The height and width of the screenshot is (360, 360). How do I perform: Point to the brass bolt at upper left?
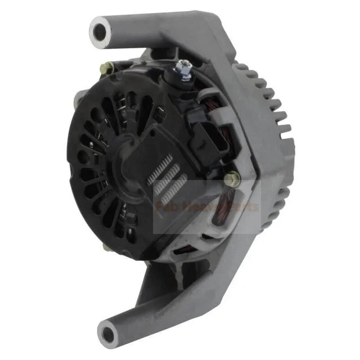coord(106,68)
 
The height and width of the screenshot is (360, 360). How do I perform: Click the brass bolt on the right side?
coord(231,179)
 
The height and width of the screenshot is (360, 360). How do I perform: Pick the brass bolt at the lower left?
coord(107,246)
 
